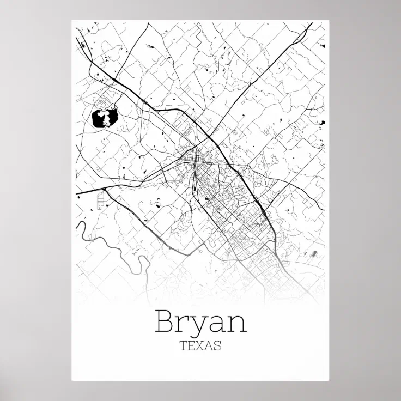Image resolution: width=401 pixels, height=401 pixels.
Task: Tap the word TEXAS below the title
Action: [200, 346]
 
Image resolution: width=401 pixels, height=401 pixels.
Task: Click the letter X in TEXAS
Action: [200, 346]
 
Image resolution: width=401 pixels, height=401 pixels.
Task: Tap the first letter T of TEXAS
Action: [183, 346]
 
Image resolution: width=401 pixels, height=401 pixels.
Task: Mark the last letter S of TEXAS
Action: [218, 346]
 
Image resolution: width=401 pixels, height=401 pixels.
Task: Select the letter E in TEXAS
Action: [191, 346]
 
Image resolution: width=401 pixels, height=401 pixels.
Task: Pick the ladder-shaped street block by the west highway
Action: [100, 200]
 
